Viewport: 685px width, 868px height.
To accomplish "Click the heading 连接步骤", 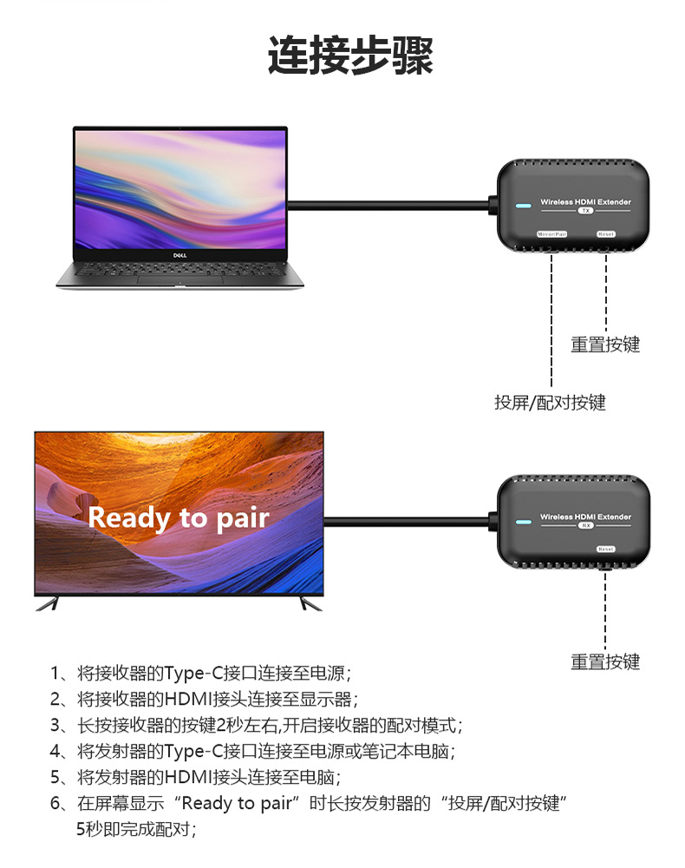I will tap(349, 56).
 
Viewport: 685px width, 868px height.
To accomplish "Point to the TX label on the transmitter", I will tap(585, 211).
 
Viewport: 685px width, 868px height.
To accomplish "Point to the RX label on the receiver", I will tap(585, 526).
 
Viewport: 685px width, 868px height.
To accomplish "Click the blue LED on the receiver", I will tap(522, 523).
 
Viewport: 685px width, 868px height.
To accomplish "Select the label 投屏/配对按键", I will tap(550, 402).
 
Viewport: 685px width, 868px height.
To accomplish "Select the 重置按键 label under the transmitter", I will tap(605, 345).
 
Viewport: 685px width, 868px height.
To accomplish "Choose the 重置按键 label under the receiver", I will tap(605, 662).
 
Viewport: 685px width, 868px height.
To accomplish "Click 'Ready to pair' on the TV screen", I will tap(179, 518).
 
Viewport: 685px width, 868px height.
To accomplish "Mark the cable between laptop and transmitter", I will tap(390, 206).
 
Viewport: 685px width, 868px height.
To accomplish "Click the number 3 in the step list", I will tap(55, 726).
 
